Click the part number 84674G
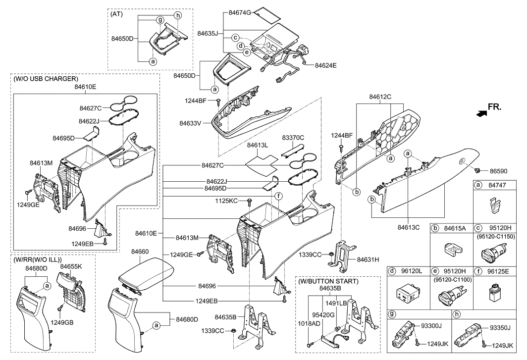pyautogui.click(x=240, y=13)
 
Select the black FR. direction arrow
pyautogui.click(x=481, y=114)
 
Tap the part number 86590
pyautogui.click(x=498, y=171)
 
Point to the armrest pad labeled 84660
pyautogui.click(x=145, y=274)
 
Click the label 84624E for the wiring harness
pyautogui.click(x=326, y=65)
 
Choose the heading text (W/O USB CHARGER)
pyautogui.click(x=46, y=79)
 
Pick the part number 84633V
pyautogui.click(x=190, y=123)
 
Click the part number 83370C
pyautogui.click(x=293, y=138)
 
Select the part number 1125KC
pyautogui.click(x=226, y=201)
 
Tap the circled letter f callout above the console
pyautogui.click(x=278, y=196)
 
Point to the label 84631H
pyautogui.click(x=368, y=259)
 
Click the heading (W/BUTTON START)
pyautogui.click(x=328, y=281)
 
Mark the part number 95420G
pyautogui.click(x=323, y=315)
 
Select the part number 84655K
pyautogui.click(x=71, y=266)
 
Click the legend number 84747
pyautogui.click(x=497, y=185)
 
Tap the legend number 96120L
pyautogui.click(x=411, y=271)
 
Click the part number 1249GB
pyautogui.click(x=62, y=323)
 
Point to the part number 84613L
pyautogui.click(x=258, y=145)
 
